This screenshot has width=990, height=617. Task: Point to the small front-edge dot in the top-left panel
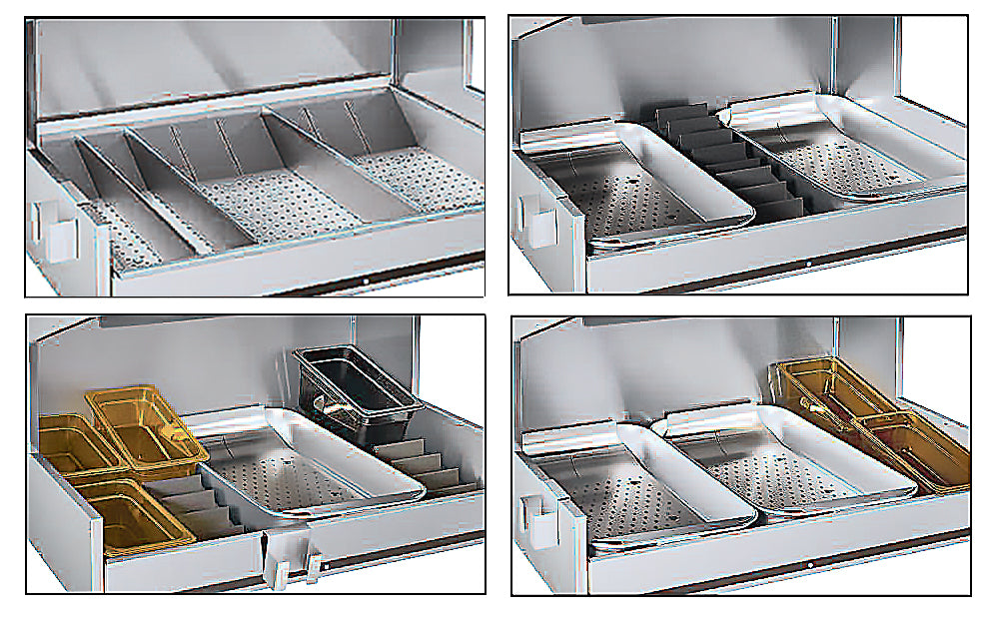click(x=366, y=282)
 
